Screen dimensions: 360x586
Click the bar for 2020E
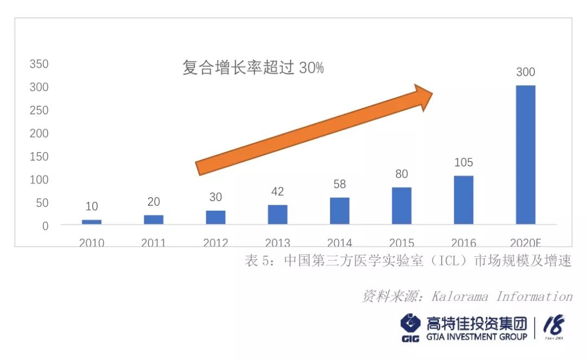pyautogui.click(x=525, y=155)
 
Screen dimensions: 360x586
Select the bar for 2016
pyautogui.click(x=463, y=200)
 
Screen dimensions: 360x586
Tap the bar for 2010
pyautogui.click(x=92, y=222)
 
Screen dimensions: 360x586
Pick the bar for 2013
pyautogui.click(x=277, y=214)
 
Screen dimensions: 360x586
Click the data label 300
pyautogui.click(x=525, y=72)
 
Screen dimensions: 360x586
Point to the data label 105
pyautogui.click(x=463, y=162)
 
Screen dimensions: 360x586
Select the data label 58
pyautogui.click(x=339, y=185)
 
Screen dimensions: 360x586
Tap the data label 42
pyautogui.click(x=277, y=192)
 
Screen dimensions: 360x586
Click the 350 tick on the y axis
pyautogui.click(x=39, y=64)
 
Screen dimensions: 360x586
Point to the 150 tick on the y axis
pyautogui.click(x=39, y=156)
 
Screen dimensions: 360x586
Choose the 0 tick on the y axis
pyautogui.click(x=46, y=226)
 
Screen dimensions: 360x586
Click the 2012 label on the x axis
pyautogui.click(x=215, y=243)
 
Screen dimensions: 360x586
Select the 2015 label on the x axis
pyautogui.click(x=402, y=243)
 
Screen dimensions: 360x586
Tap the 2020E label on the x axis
pyautogui.click(x=525, y=243)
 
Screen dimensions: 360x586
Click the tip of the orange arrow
pyautogui.click(x=432, y=93)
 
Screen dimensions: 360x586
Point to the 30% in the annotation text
pyautogui.click(x=311, y=68)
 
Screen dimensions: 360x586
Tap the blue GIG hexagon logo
pyautogui.click(x=411, y=324)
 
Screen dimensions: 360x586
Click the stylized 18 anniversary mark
pyautogui.click(x=554, y=326)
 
